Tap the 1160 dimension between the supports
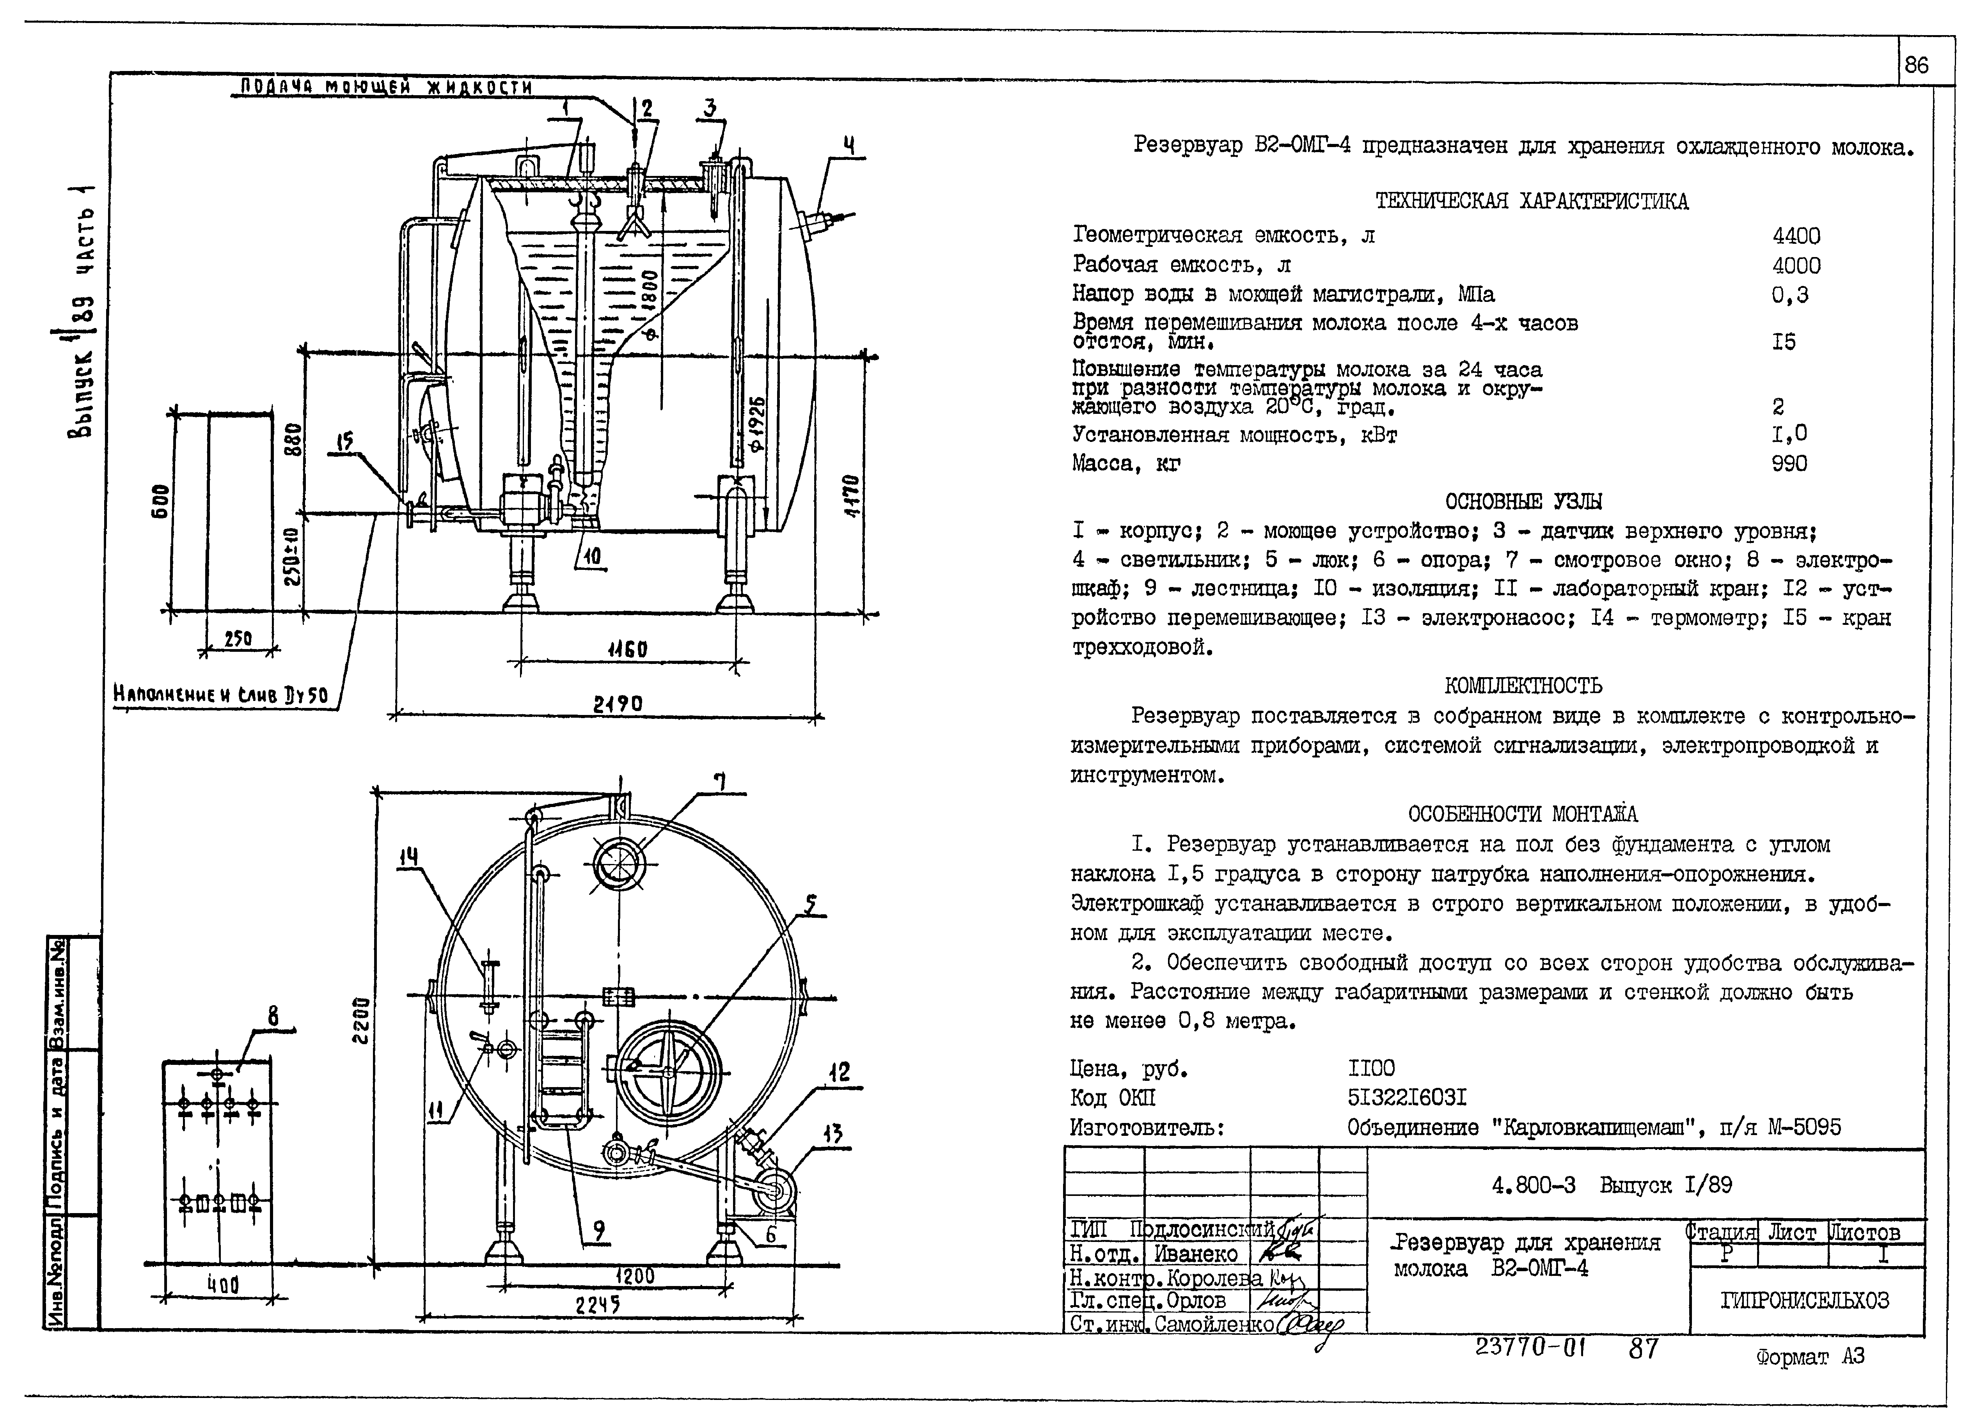click(627, 650)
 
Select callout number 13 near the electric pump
click(833, 1134)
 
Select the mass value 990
click(1789, 464)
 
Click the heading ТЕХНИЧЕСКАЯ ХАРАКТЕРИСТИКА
click(1531, 202)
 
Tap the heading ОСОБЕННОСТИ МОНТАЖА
click(1523, 814)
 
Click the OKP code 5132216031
click(1406, 1097)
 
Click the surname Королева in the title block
click(1214, 1278)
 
